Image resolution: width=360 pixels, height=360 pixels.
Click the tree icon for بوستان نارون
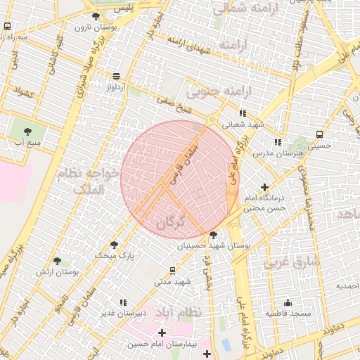tap(96, 16)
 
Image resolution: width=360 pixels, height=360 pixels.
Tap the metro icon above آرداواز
tap(115, 76)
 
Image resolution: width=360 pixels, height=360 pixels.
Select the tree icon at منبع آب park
tap(27, 131)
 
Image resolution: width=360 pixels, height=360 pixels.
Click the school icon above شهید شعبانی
tap(243, 112)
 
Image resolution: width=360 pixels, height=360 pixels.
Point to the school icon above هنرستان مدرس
tap(279, 141)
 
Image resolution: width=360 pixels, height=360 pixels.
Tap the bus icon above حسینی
tap(320, 134)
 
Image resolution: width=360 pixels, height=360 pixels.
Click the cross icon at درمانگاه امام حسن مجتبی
tap(264, 187)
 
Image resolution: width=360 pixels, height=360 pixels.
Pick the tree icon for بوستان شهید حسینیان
tap(214, 235)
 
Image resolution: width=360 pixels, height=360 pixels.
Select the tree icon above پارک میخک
tap(114, 245)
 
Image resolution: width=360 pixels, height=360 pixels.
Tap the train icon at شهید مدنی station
tap(173, 271)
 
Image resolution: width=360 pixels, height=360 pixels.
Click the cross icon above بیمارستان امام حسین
tap(162, 333)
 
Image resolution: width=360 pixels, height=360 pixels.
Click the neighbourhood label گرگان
tap(173, 221)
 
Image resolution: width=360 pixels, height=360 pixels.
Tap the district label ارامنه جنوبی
tap(211, 92)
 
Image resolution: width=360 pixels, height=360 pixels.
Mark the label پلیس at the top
tap(124, 7)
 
